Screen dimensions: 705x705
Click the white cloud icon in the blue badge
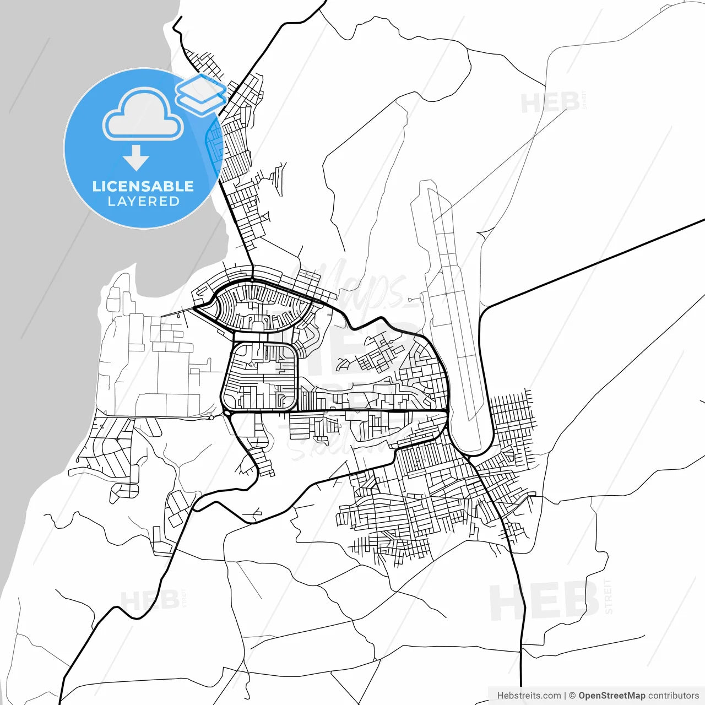click(143, 115)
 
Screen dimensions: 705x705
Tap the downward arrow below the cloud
click(136, 158)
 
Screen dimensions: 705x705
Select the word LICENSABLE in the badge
click(143, 186)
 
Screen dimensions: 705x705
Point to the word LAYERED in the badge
click(143, 202)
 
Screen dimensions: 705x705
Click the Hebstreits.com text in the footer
click(529, 696)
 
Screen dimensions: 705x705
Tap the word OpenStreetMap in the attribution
click(611, 696)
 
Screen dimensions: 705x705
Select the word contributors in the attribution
click(673, 696)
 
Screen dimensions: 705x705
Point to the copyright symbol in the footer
click(572, 696)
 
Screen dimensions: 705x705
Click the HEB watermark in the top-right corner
click(550, 103)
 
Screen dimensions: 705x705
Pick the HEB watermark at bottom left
click(149, 600)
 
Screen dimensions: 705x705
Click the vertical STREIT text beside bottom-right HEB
click(608, 596)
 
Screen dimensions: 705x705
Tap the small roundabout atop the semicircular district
click(252, 280)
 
